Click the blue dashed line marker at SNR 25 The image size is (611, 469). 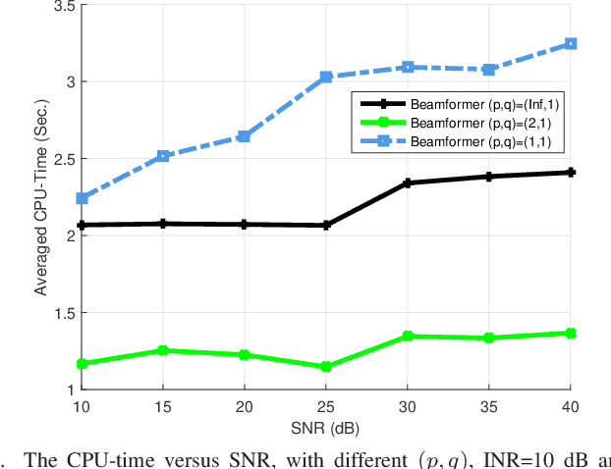coord(326,77)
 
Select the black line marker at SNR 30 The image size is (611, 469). coord(408,182)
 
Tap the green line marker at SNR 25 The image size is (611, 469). coord(326,367)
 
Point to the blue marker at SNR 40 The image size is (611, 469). coord(571,44)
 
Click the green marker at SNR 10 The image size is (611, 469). coord(83,364)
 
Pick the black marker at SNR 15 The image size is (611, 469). coord(164,224)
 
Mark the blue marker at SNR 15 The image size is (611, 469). coord(164,156)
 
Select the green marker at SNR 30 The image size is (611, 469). coord(408,337)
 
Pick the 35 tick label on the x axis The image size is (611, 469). coord(489,405)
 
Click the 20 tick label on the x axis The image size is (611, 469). coord(245,405)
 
